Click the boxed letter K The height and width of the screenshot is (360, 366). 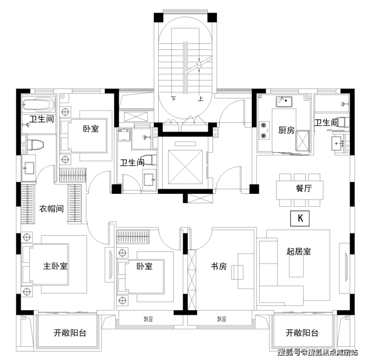[300, 218]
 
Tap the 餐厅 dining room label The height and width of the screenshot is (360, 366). [303, 188]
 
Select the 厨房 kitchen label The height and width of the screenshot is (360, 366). [286, 131]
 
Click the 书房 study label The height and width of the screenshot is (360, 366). [219, 267]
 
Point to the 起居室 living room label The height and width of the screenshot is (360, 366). [298, 251]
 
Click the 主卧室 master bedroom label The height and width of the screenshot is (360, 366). [55, 266]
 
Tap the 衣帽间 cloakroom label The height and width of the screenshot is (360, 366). [51, 209]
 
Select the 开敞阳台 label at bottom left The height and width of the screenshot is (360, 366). [70, 333]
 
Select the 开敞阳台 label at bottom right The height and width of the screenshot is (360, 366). [302, 333]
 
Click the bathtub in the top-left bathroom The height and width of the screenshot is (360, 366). [38, 105]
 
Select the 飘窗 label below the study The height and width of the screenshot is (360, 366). [221, 319]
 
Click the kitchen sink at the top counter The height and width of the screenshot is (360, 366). [284, 102]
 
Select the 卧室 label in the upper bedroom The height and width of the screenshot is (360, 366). [91, 129]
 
